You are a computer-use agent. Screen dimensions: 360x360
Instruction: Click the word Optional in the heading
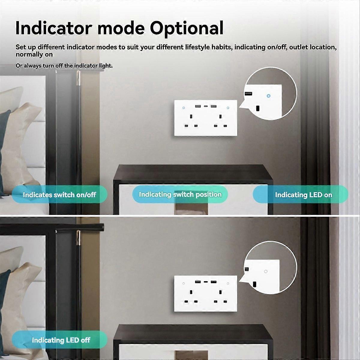(x=187, y=28)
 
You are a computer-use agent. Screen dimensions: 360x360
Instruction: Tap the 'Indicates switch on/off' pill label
(x=59, y=195)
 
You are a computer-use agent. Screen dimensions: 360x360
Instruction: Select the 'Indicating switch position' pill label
(x=180, y=194)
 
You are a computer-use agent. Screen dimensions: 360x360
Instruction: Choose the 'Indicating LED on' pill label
(x=303, y=195)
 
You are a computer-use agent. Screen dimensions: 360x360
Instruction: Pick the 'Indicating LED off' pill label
(x=61, y=340)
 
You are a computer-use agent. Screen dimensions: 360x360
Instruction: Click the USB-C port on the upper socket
(x=205, y=106)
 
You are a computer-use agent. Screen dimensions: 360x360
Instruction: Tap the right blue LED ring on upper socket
(x=228, y=108)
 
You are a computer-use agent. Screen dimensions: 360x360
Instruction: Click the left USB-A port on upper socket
(x=198, y=106)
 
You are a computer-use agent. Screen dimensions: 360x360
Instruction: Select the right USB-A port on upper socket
(x=213, y=106)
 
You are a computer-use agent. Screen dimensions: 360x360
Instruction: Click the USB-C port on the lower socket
(x=205, y=282)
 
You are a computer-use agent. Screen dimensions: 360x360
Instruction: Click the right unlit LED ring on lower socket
(x=228, y=283)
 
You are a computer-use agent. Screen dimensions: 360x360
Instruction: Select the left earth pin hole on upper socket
(x=191, y=116)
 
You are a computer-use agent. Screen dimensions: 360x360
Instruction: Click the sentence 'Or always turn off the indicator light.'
(x=64, y=66)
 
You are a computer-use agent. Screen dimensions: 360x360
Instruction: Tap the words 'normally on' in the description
(x=34, y=55)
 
